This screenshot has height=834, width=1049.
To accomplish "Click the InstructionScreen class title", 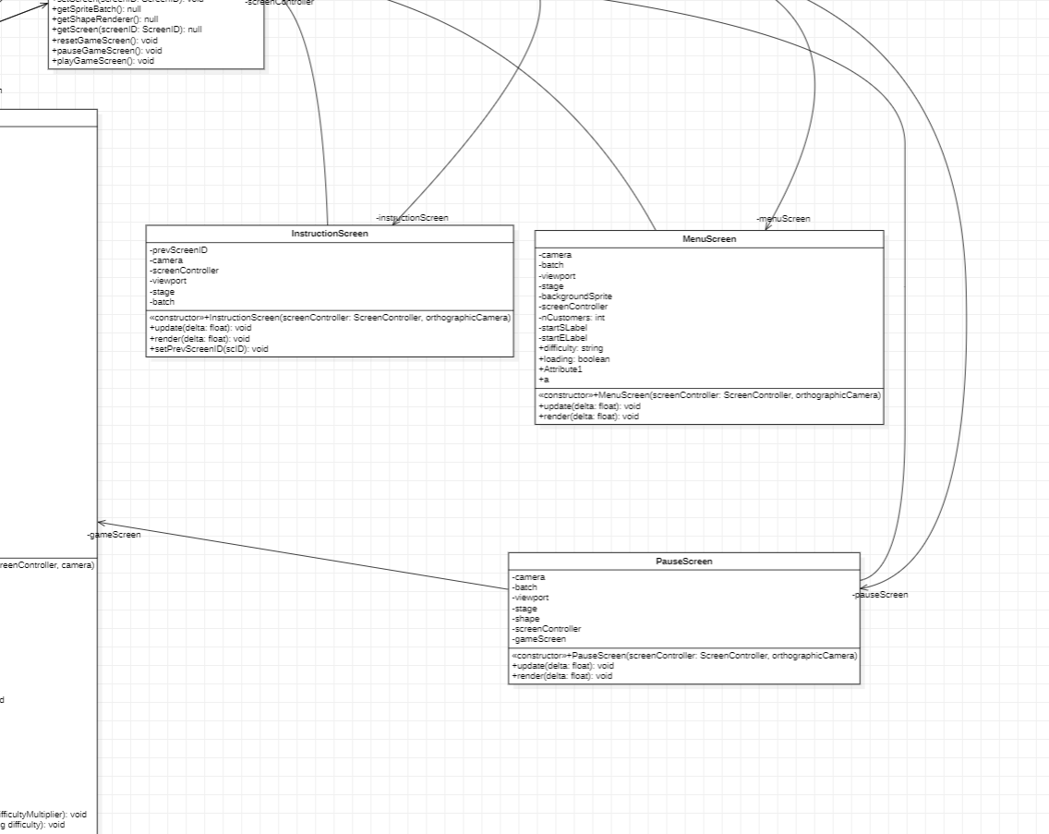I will pyautogui.click(x=330, y=234).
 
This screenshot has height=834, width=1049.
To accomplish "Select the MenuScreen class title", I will pyautogui.click(x=709, y=239).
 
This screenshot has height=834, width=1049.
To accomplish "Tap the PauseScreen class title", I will pyautogui.click(x=684, y=562).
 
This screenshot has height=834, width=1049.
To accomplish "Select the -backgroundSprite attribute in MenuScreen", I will pyautogui.click(x=575, y=296).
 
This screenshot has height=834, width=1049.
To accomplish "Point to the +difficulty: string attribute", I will pyautogui.click(x=570, y=348).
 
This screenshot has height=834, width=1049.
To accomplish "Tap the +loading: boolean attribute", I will pyautogui.click(x=573, y=359).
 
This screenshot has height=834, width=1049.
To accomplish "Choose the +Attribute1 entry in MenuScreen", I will pyautogui.click(x=560, y=369).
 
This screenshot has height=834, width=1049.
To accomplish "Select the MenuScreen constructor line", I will pyautogui.click(x=709, y=395).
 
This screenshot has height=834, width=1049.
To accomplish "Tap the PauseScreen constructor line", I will pyautogui.click(x=684, y=656).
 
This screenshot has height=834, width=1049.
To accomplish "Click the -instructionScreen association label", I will pyautogui.click(x=412, y=218).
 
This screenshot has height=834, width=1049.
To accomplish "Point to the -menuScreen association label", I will pyautogui.click(x=783, y=219).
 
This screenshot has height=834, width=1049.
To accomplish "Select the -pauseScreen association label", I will pyautogui.click(x=880, y=595).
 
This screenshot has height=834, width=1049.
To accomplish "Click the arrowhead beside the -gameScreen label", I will pyautogui.click(x=102, y=523).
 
